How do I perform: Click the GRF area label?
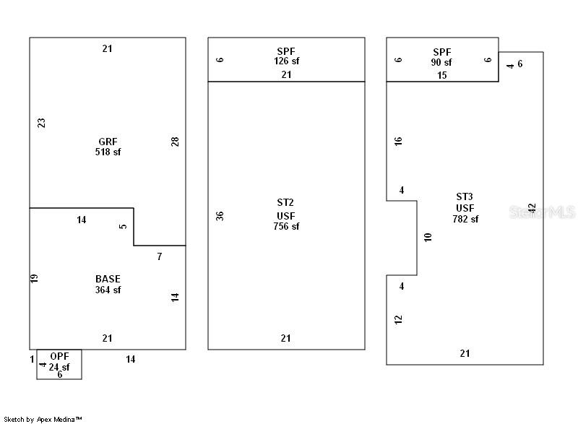(x=108, y=142)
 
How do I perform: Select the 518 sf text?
(x=108, y=152)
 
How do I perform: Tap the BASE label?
(x=108, y=279)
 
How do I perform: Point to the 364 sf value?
(x=108, y=290)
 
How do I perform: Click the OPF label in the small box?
(x=59, y=357)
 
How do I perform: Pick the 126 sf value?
(x=286, y=61)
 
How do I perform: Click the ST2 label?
(x=286, y=203)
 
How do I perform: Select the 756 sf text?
(x=286, y=226)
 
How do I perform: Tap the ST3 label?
(x=465, y=196)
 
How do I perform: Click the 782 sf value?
(x=465, y=219)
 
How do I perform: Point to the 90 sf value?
(x=442, y=62)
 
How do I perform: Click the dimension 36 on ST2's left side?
(x=220, y=215)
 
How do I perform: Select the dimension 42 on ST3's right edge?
(x=532, y=208)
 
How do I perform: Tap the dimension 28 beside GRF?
(x=175, y=142)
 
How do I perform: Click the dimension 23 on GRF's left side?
(x=41, y=123)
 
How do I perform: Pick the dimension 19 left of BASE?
(x=34, y=278)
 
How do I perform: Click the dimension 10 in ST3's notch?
(x=428, y=237)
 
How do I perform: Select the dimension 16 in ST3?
(x=398, y=141)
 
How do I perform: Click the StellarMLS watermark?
(x=542, y=212)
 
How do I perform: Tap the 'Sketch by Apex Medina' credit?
(x=43, y=419)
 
